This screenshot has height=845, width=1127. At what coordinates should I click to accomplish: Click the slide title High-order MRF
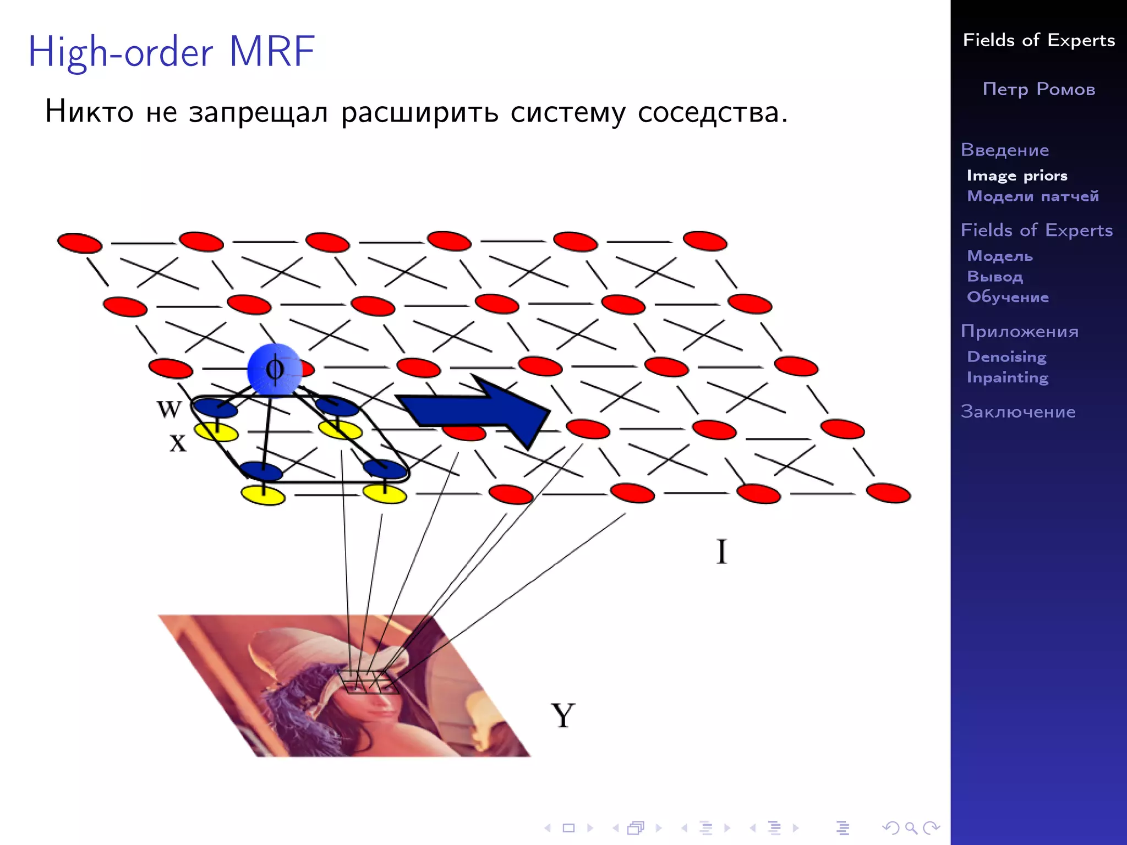pyautogui.click(x=172, y=52)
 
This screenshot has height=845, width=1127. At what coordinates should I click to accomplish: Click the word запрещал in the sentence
pyautogui.click(x=258, y=112)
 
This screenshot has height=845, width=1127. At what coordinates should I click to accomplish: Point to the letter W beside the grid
pyautogui.click(x=168, y=409)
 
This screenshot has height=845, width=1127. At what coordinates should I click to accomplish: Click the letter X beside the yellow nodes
pyautogui.click(x=178, y=443)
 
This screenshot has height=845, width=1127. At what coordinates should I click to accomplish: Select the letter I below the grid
pyautogui.click(x=721, y=551)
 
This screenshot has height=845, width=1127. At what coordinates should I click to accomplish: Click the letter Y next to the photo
pyautogui.click(x=562, y=716)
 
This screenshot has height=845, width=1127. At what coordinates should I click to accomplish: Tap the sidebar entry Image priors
pyautogui.click(x=1016, y=175)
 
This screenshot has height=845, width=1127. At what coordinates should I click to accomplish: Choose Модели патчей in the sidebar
pyautogui.click(x=1032, y=196)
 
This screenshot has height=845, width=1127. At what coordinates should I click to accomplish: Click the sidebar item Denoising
pyautogui.click(x=1006, y=356)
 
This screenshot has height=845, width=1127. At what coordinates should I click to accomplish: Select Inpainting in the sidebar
pyautogui.click(x=1007, y=377)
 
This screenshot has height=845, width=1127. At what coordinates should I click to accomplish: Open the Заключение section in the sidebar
pyautogui.click(x=1017, y=411)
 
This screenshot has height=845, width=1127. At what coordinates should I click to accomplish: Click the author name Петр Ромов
pyautogui.click(x=1038, y=89)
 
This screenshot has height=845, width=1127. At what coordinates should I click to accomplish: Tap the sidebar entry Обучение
pyautogui.click(x=1008, y=297)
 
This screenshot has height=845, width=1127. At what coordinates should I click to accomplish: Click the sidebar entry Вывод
pyautogui.click(x=994, y=276)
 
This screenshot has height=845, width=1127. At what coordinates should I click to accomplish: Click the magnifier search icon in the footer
pyautogui.click(x=911, y=827)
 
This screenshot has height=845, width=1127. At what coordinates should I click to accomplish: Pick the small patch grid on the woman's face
pyautogui.click(x=368, y=682)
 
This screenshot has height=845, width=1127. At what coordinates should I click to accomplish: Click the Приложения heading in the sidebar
pyautogui.click(x=1019, y=331)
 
